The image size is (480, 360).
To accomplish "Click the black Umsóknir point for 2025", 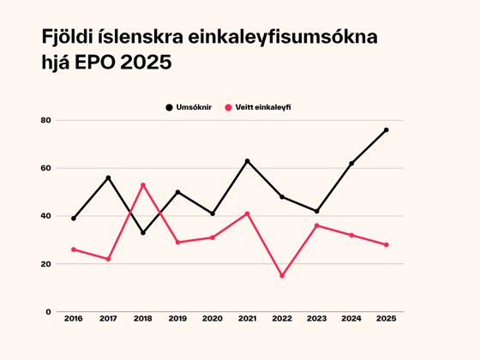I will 386,130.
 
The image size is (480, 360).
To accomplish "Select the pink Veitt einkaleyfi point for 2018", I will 143,185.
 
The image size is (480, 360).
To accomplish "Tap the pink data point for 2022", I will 282,276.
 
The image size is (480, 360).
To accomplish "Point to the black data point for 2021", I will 247,161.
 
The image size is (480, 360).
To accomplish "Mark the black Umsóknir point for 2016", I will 74,219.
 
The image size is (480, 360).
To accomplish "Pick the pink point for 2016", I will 74,249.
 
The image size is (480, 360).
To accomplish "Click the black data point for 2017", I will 108,177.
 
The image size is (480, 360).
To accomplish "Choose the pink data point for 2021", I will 247,213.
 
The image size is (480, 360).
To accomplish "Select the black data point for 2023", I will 316,211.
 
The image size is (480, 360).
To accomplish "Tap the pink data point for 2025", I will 386,245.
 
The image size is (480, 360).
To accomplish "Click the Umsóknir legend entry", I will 189,107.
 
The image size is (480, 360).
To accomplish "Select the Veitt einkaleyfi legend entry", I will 258,107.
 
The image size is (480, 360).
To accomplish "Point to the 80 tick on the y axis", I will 45,120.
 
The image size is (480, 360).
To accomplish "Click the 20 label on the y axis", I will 45,264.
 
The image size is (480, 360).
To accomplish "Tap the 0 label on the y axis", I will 48,312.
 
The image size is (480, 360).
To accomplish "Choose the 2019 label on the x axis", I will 177,320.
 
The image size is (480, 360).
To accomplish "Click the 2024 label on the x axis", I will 351,320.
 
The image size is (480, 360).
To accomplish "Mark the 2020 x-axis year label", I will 212,320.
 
